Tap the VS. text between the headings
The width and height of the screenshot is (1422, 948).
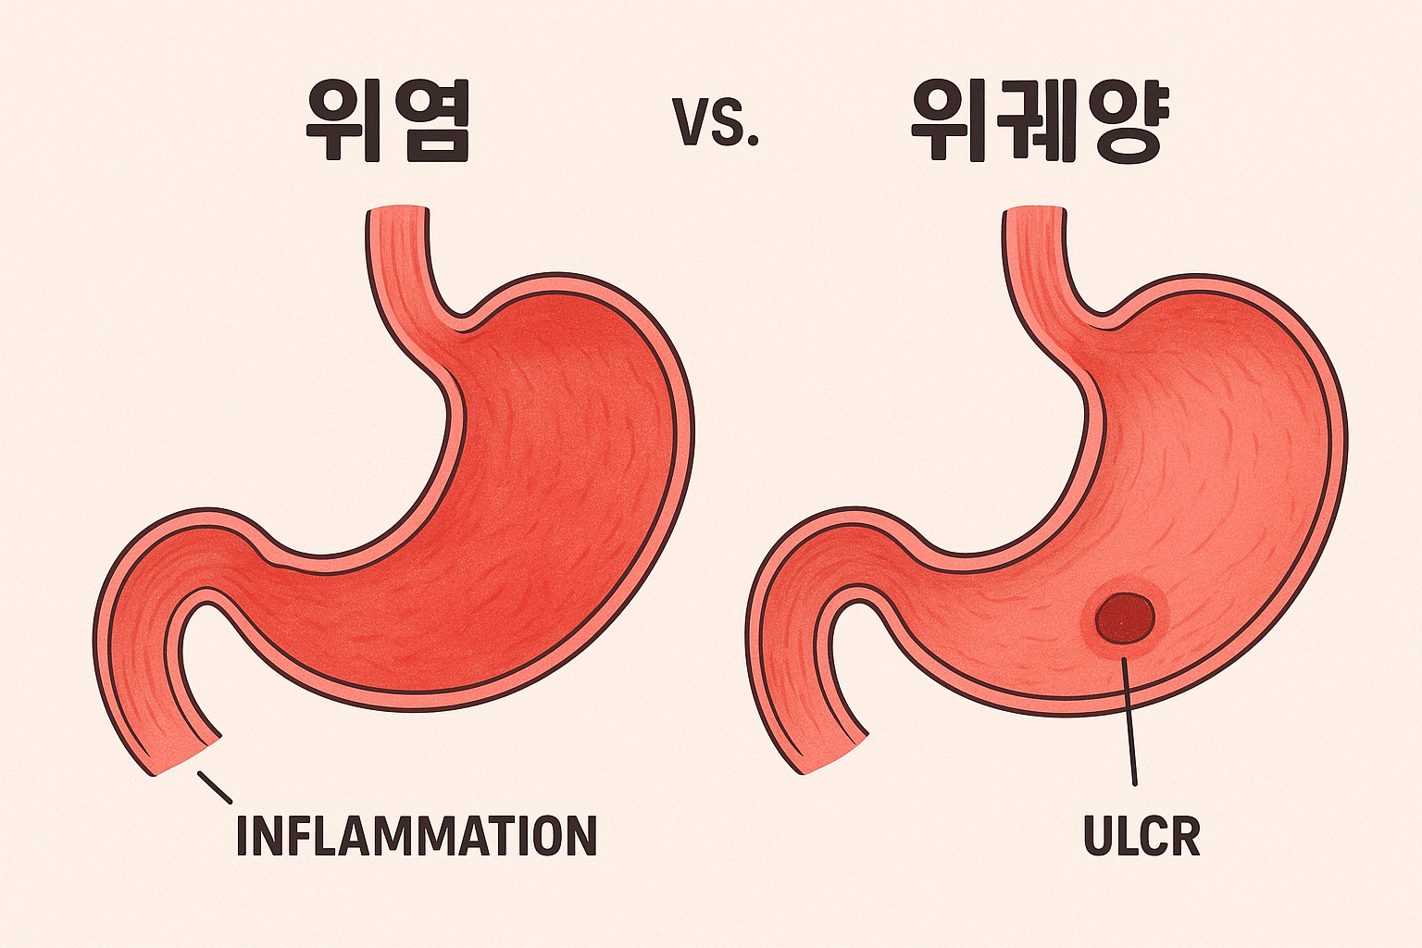[717, 124]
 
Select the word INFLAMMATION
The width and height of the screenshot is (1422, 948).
[417, 836]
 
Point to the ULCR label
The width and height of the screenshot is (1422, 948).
[1141, 836]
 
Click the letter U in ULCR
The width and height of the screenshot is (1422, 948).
[1098, 836]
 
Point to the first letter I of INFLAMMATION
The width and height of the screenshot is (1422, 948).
[243, 836]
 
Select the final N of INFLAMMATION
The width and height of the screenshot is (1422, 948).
[581, 836]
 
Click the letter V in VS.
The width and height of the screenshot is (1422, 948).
[691, 124]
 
